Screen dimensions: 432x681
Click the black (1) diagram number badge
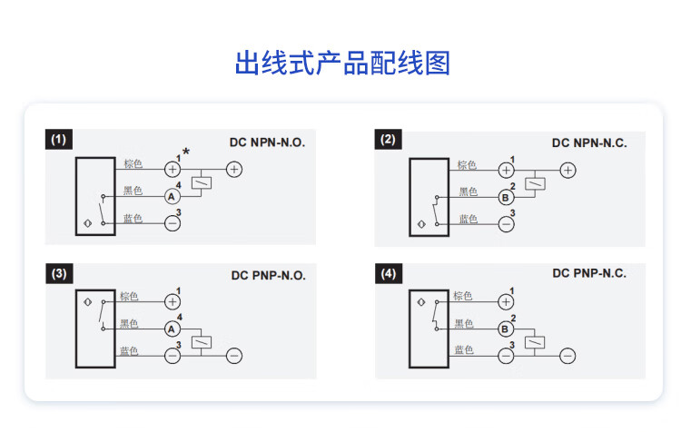click(59, 140)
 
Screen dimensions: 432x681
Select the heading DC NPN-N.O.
click(267, 142)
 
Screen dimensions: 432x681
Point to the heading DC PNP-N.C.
click(589, 272)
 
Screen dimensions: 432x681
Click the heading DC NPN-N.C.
click(589, 142)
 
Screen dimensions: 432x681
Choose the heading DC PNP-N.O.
click(268, 276)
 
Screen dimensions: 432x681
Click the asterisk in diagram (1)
click(186, 152)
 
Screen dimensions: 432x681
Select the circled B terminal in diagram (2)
click(506, 196)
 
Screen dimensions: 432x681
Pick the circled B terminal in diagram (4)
click(506, 329)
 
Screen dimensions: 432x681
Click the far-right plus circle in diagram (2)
click(567, 169)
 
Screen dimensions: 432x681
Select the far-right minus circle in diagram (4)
click(567, 356)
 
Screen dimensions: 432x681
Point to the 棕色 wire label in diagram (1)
click(133, 164)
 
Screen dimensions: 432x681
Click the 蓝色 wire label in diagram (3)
click(129, 351)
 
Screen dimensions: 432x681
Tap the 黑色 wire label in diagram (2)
click(468, 191)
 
